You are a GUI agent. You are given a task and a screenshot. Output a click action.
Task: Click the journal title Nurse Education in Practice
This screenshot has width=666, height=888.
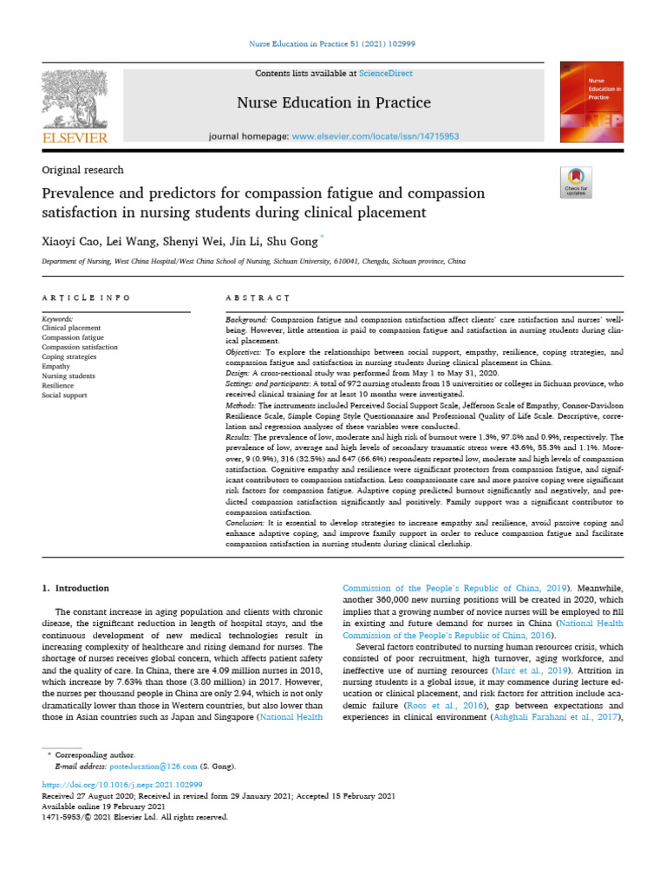click(334, 103)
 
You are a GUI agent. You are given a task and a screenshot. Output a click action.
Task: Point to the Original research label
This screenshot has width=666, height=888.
click(83, 170)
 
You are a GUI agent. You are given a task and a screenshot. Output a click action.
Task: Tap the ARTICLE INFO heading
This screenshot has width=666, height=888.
click(87, 297)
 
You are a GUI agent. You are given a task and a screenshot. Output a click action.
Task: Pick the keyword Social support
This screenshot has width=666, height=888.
click(65, 395)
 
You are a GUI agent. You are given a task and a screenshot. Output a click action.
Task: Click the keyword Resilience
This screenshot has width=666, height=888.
click(59, 385)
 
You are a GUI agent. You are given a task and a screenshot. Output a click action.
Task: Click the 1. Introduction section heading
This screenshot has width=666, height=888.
click(76, 588)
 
